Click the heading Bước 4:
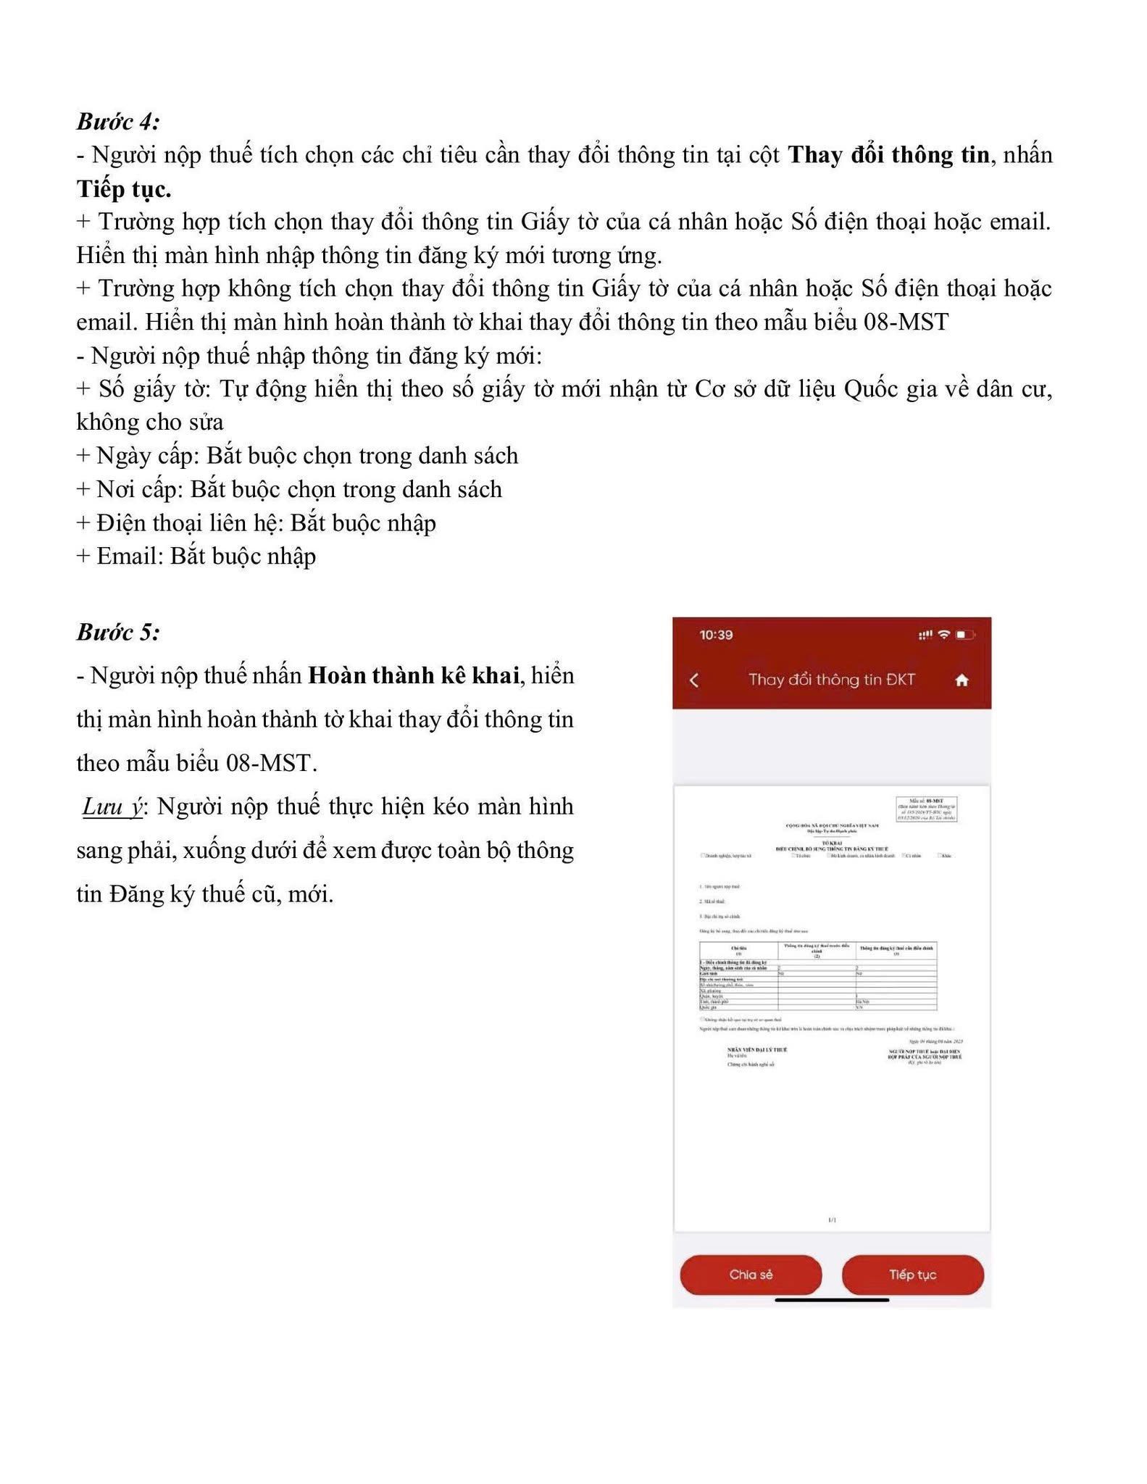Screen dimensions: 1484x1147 [118, 121]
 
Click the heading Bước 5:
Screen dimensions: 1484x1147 [118, 632]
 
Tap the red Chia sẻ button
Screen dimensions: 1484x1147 [751, 1275]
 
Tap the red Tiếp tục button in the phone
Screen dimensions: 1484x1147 [912, 1275]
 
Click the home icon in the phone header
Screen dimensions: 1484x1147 [962, 680]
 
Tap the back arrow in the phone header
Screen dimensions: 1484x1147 [694, 680]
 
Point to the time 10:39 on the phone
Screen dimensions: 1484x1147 [716, 635]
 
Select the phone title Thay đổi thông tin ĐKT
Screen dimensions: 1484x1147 [831, 680]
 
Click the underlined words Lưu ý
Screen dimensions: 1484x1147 [113, 806]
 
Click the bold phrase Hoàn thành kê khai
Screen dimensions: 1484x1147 [414, 675]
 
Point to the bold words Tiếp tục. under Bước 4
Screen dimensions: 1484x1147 [124, 188]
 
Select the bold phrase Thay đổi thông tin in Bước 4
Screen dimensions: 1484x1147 [888, 154]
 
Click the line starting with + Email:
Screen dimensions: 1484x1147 [196, 556]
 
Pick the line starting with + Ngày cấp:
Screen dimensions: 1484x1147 [297, 456]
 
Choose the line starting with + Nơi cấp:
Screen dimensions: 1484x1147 [289, 489]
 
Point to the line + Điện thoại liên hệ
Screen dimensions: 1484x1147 [256, 523]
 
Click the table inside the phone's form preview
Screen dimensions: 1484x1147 [817, 975]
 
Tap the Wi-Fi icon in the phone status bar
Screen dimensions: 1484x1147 [943, 635]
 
